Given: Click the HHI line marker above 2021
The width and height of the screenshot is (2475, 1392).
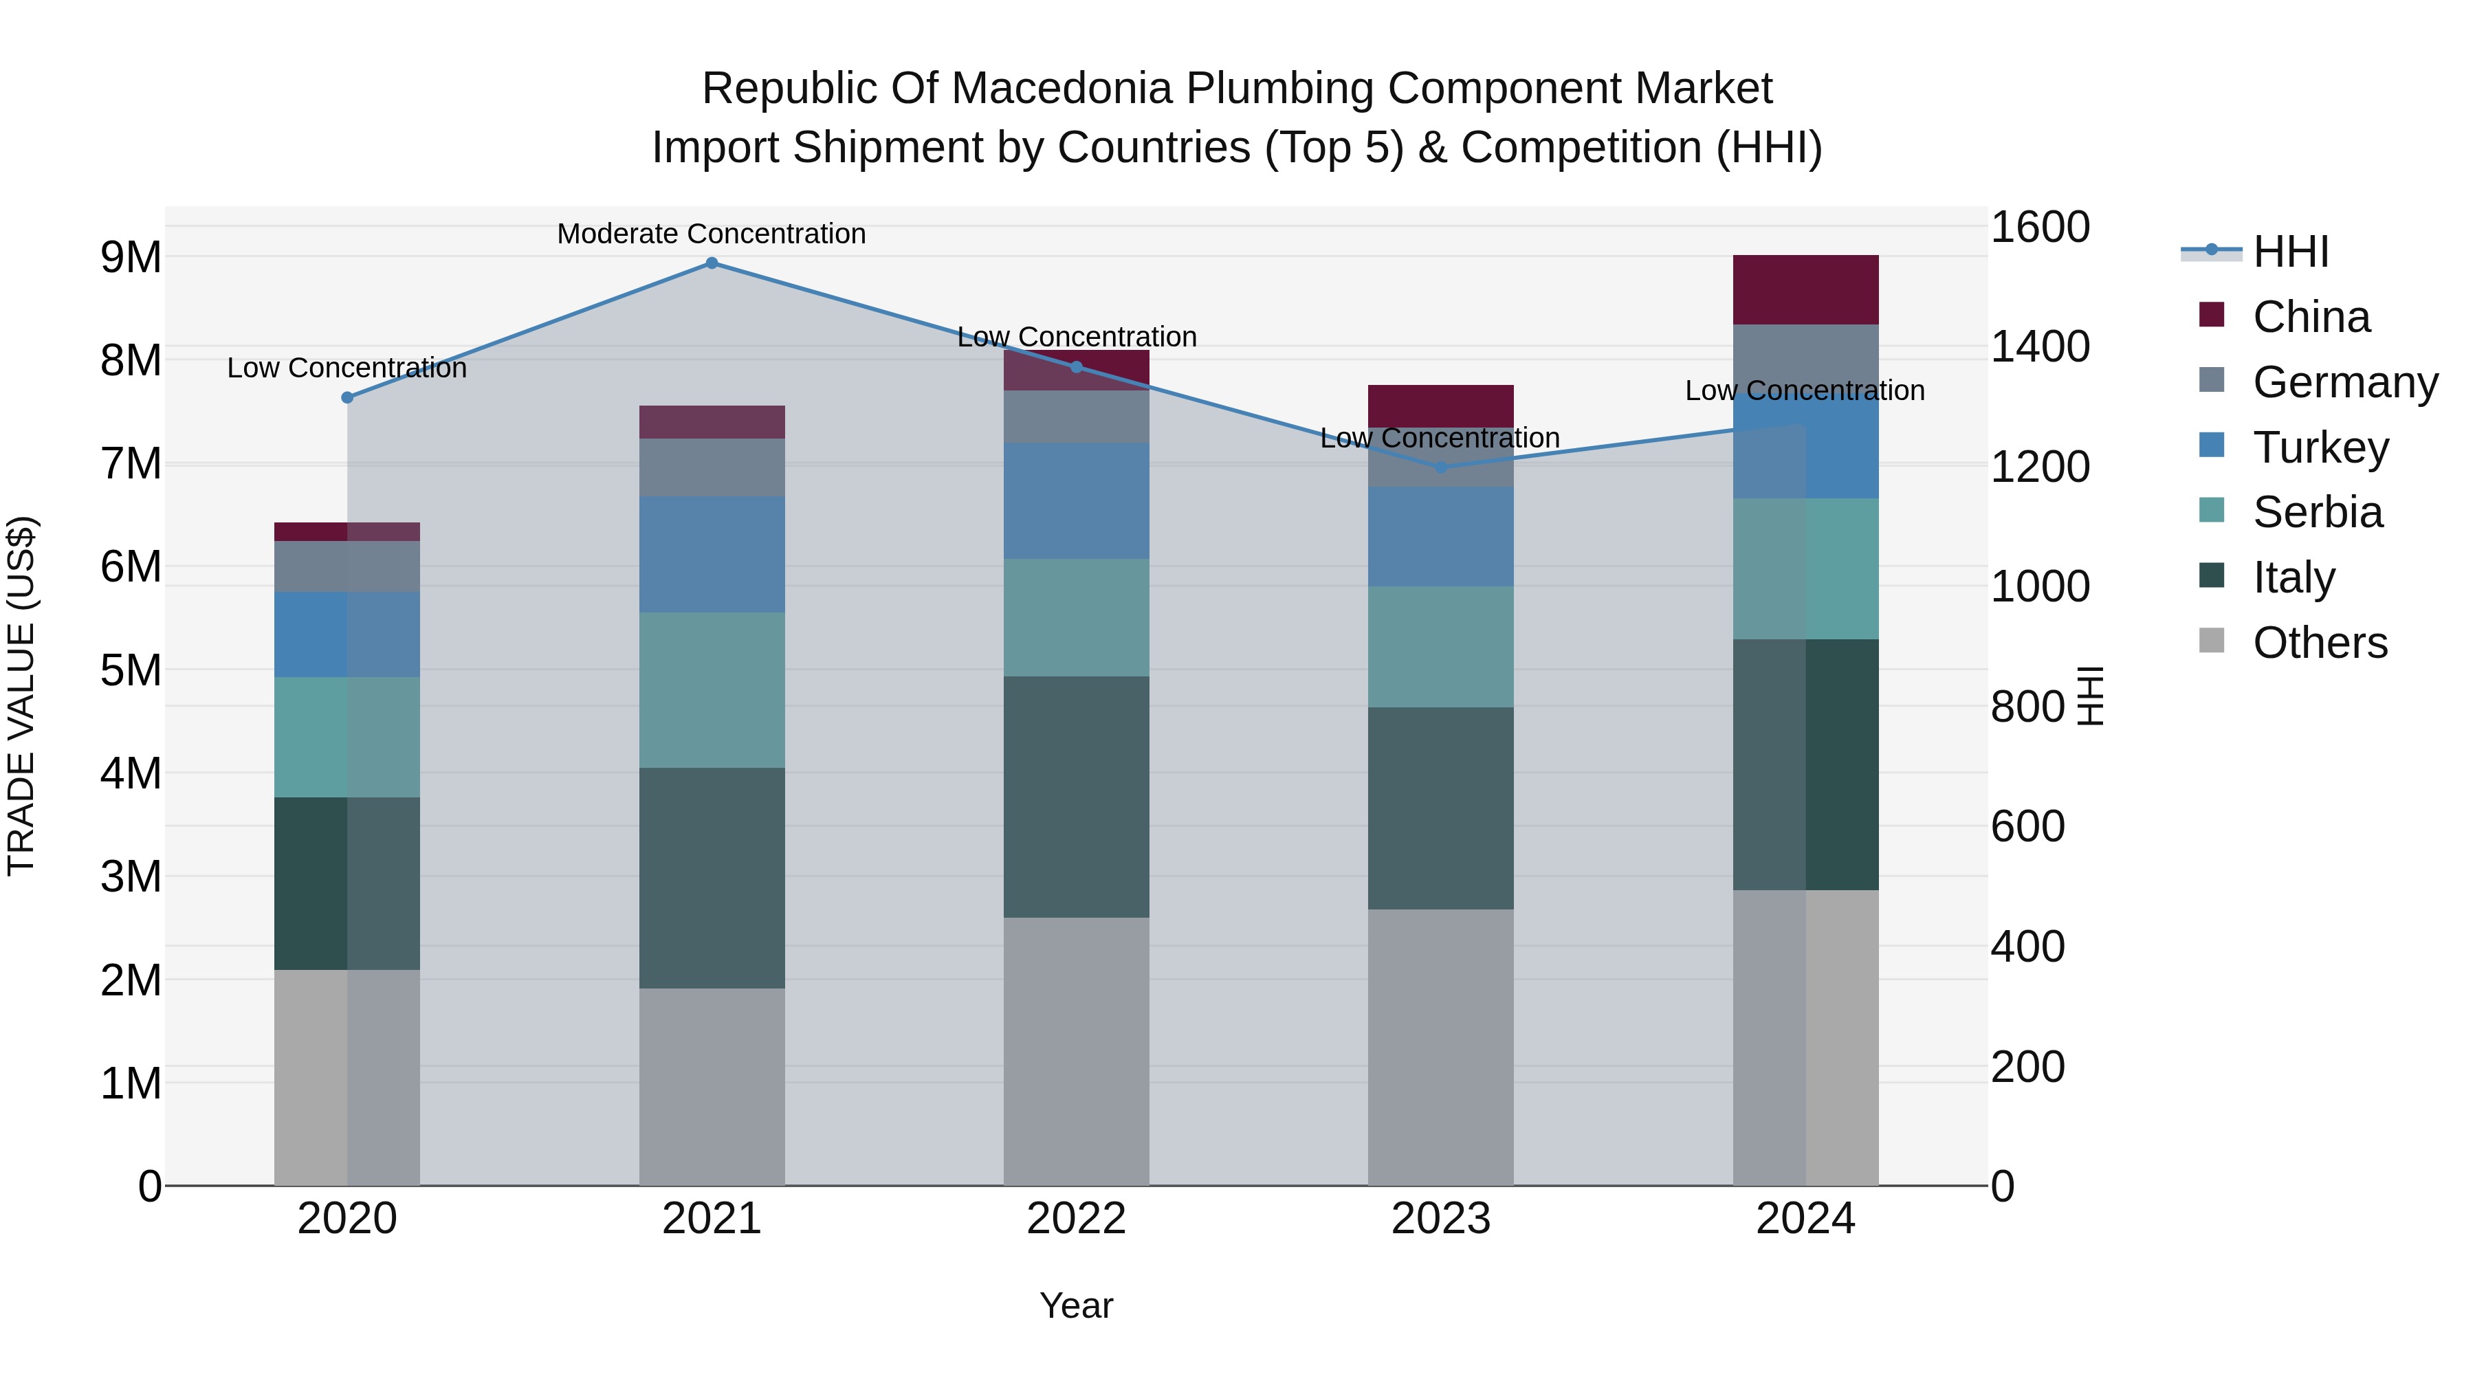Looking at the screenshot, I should (x=712, y=263).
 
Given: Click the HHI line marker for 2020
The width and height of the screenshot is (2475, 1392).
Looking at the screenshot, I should (x=348, y=398).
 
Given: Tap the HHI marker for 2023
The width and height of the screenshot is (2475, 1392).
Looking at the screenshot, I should (x=1440, y=468).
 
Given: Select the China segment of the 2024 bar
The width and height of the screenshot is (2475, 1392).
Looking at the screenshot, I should (x=1805, y=290).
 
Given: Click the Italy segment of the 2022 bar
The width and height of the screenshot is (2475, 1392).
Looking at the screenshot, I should (x=1076, y=797).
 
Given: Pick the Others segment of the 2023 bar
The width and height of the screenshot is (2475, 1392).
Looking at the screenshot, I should (x=1440, y=1047).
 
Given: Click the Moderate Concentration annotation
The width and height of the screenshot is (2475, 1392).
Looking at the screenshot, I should (x=712, y=234).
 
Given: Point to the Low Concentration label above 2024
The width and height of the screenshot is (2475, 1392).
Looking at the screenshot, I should (x=1805, y=391).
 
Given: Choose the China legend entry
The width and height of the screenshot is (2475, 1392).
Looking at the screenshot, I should (x=2310, y=317).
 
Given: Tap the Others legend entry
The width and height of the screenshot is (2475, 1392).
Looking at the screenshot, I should (x=2320, y=643).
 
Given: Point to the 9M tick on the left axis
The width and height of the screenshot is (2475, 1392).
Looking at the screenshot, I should (x=131, y=258).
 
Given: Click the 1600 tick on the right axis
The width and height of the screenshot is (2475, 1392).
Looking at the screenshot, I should (x=2039, y=228).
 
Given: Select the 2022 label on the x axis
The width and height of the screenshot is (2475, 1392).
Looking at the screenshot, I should (x=1076, y=1219).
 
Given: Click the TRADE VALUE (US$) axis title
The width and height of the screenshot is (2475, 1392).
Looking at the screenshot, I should (x=21, y=696).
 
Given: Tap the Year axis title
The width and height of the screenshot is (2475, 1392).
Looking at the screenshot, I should (x=1076, y=1305).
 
